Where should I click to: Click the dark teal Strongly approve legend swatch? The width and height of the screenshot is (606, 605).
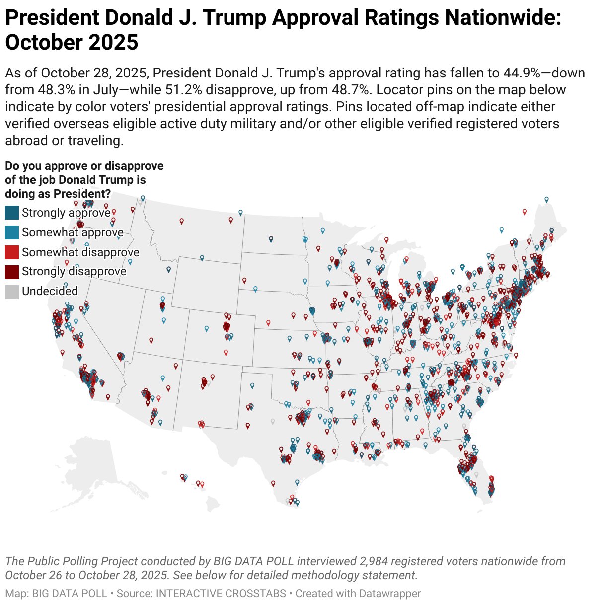pyautogui.click(x=12, y=213)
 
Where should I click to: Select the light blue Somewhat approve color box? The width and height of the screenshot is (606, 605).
pyautogui.click(x=12, y=232)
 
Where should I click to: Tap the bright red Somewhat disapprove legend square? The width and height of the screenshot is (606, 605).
pyautogui.click(x=12, y=252)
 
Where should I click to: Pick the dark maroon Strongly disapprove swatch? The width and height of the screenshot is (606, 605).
pyautogui.click(x=12, y=272)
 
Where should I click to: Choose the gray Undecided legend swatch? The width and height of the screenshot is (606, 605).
pyautogui.click(x=12, y=292)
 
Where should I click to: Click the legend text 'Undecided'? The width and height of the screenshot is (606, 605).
pyautogui.click(x=50, y=291)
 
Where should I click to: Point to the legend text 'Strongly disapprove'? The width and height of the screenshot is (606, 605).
pyautogui.click(x=74, y=271)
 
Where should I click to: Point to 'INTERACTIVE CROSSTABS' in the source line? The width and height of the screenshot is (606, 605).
pyautogui.click(x=221, y=594)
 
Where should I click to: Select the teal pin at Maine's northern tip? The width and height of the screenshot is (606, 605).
pyautogui.click(x=546, y=199)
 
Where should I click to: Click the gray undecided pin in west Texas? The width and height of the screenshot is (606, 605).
pyautogui.click(x=272, y=421)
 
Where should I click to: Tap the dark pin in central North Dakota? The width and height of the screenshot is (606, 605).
pyautogui.click(x=271, y=239)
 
